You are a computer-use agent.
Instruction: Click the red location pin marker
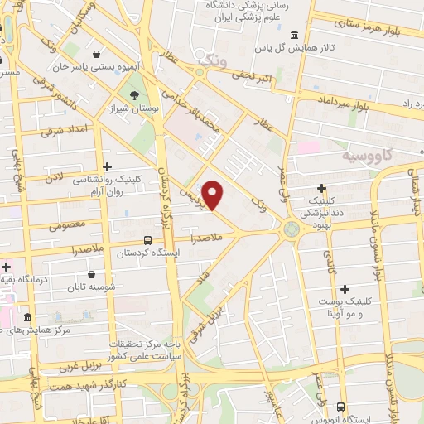pos(214,195)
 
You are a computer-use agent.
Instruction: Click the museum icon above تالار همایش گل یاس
pos(296,34)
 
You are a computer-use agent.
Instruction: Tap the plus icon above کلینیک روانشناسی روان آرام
pos(106,167)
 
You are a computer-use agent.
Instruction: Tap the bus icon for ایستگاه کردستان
pos(147,241)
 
